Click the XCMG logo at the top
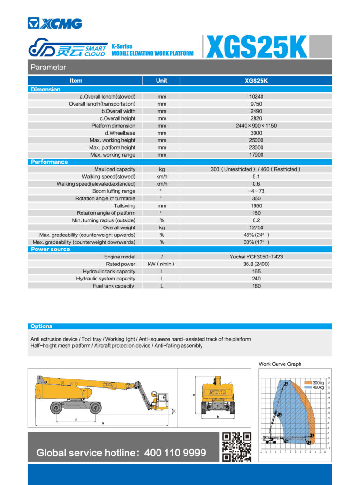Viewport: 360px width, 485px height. [55, 23]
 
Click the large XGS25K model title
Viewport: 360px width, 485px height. [256, 47]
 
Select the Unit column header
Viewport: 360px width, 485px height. [161, 81]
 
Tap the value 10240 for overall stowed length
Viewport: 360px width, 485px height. [256, 97]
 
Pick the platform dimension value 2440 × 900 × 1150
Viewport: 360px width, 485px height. [256, 126]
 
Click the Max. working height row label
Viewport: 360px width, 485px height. [112, 140]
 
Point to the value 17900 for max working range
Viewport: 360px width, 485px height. [256, 155]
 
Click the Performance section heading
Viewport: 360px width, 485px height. [49, 162]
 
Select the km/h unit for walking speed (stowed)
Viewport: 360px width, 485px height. [162, 177]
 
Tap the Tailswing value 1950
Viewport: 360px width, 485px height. [256, 206]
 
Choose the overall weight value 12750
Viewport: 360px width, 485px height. [256, 227]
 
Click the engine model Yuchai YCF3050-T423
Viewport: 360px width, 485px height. [256, 257]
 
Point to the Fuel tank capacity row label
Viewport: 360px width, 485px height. [114, 286]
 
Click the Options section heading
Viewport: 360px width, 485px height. [41, 326]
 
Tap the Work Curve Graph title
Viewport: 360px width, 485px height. [280, 364]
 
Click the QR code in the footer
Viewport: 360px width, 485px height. [236, 447]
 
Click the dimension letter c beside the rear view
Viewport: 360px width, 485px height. [194, 395]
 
